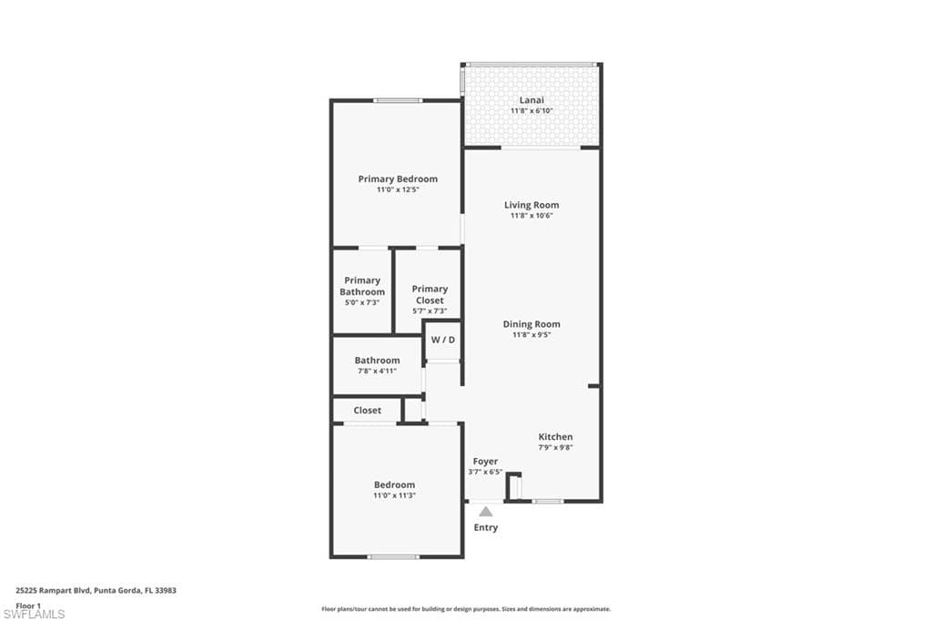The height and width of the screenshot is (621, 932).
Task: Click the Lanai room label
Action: [x=532, y=100]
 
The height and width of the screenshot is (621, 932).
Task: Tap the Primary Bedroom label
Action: [x=398, y=179]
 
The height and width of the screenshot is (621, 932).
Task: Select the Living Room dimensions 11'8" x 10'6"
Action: [x=532, y=216]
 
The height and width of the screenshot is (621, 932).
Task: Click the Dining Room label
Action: [x=532, y=324]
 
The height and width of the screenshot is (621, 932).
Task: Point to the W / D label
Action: [x=443, y=340]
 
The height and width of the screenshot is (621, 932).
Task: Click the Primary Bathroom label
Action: [x=362, y=286]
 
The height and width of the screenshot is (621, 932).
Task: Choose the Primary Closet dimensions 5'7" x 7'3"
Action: [x=430, y=311]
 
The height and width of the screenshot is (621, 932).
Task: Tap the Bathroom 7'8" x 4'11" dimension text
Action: [x=377, y=372]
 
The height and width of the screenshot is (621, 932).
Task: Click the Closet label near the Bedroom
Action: [x=368, y=411]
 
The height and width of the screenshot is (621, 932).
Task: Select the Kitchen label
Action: [x=555, y=437]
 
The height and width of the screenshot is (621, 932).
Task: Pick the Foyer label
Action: [x=485, y=462]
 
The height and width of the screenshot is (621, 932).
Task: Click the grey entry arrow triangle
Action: [x=486, y=512]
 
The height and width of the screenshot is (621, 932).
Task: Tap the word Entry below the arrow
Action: [x=486, y=528]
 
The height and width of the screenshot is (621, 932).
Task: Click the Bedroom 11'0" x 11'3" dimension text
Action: [x=394, y=495]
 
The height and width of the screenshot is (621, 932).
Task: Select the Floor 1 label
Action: [x=28, y=605]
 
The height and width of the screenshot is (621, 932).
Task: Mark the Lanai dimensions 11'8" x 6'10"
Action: [x=532, y=111]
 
